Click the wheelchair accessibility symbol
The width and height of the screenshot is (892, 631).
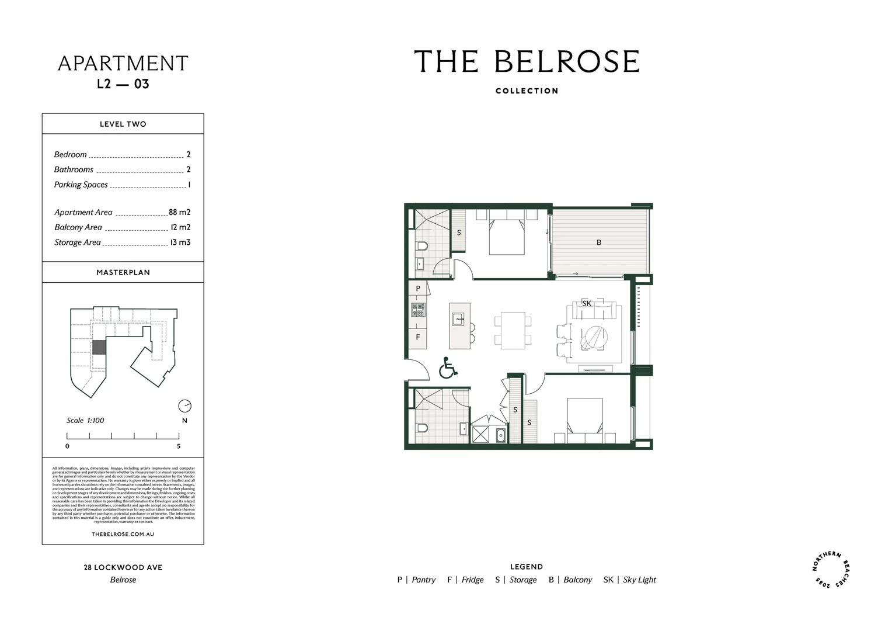pyautogui.click(x=448, y=369)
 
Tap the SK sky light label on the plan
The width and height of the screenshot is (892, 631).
pyautogui.click(x=587, y=303)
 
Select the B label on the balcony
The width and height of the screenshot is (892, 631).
pyautogui.click(x=599, y=242)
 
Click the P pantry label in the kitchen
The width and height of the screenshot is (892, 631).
pyautogui.click(x=418, y=289)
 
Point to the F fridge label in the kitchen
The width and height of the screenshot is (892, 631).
pyautogui.click(x=418, y=337)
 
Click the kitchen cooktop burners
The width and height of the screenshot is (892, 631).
pyautogui.click(x=418, y=310)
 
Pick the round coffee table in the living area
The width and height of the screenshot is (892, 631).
pyautogui.click(x=594, y=338)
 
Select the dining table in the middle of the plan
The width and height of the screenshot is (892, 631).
pyautogui.click(x=513, y=330)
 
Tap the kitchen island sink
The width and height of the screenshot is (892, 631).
pyautogui.click(x=459, y=319)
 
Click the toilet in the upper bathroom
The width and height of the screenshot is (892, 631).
pyautogui.click(x=421, y=247)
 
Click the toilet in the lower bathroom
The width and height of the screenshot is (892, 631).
pyautogui.click(x=421, y=428)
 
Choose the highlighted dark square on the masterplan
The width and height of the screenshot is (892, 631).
pyautogui.click(x=99, y=347)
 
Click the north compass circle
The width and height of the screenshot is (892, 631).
pyautogui.click(x=184, y=405)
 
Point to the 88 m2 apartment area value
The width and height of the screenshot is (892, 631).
pyautogui.click(x=180, y=213)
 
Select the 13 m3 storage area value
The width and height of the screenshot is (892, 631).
pyautogui.click(x=180, y=242)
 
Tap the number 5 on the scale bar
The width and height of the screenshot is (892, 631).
pyautogui.click(x=179, y=446)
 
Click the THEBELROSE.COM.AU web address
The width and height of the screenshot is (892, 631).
pyautogui.click(x=123, y=534)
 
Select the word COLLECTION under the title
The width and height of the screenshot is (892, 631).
pyautogui.click(x=527, y=91)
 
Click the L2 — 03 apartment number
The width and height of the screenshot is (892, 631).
pyautogui.click(x=123, y=84)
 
